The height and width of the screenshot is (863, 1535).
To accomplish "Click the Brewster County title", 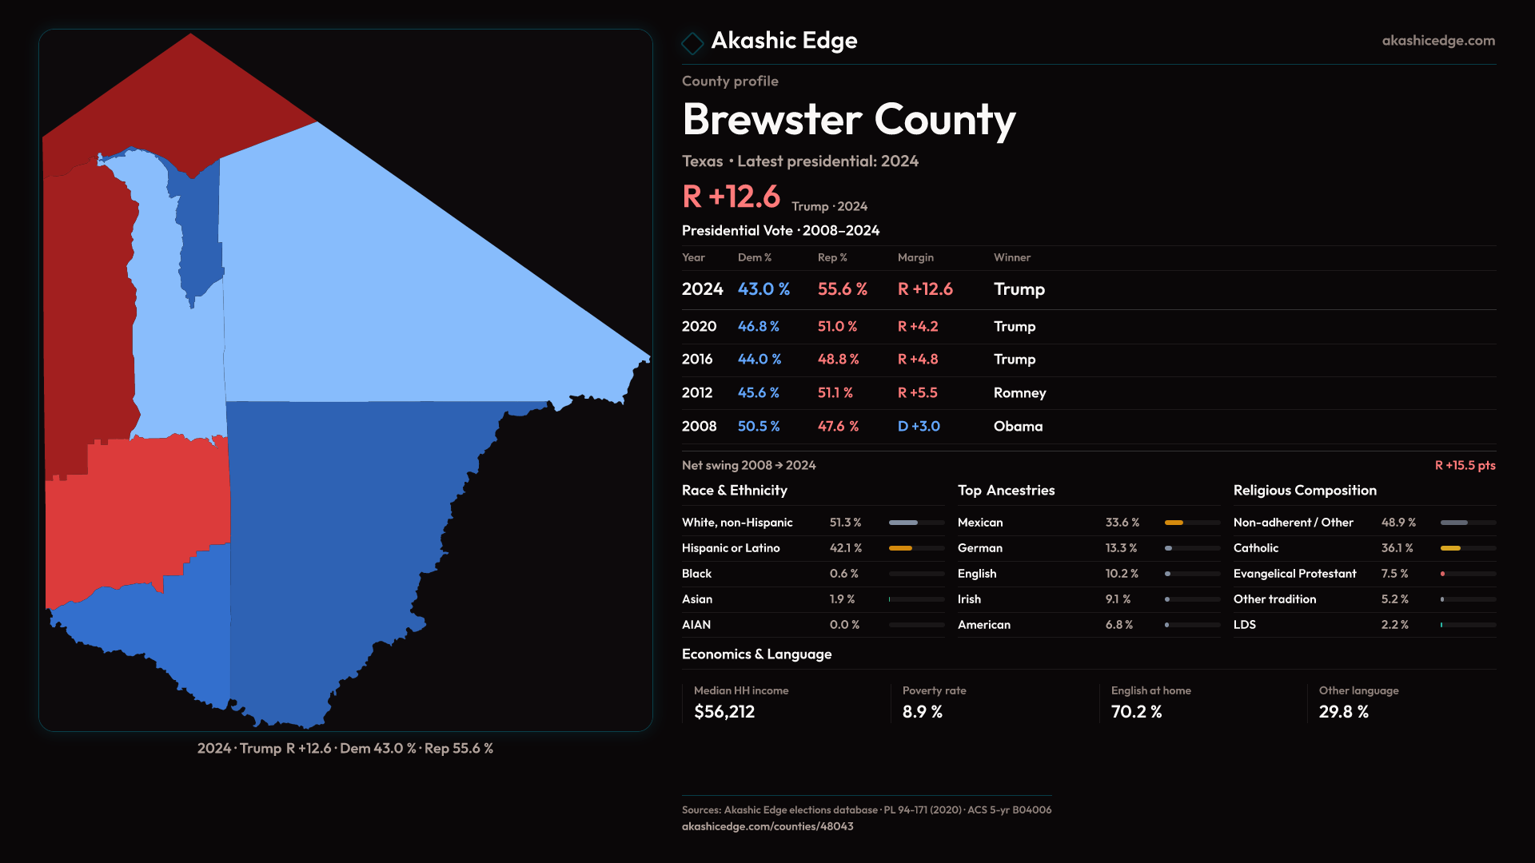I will pos(848,120).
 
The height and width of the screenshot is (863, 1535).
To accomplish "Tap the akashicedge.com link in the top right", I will pos(1437,41).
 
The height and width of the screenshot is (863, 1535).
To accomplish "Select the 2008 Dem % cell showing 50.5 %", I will pos(758,427).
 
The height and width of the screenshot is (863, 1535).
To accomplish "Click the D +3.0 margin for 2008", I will pos(918,427).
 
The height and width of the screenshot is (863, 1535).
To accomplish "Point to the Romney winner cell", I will pos(1019,393).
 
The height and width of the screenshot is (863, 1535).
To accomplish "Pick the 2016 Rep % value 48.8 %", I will pos(838,360).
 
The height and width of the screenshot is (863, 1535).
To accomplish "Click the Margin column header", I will pos(915,257).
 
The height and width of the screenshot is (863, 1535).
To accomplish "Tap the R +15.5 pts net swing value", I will pos(1465,465).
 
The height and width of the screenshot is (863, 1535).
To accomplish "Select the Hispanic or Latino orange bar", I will pos(900,548).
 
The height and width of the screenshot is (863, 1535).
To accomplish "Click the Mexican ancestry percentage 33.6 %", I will pos(1122,523).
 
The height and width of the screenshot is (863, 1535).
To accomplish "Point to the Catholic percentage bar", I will pos(1450,548).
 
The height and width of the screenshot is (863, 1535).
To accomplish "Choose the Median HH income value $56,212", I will pos(724,712).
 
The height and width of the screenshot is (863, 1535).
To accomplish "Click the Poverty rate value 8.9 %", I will pos(923,712).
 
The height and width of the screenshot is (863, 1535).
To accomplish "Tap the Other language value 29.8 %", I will pos(1343,712).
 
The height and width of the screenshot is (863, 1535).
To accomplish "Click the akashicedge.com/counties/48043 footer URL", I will pos(767,826).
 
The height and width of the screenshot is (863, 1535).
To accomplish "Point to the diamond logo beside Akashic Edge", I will pos(692,42).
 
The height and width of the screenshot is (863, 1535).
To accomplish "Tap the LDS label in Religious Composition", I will pos(1244,625).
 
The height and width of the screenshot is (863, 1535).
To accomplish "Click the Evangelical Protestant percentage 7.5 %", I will pos(1394,574).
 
